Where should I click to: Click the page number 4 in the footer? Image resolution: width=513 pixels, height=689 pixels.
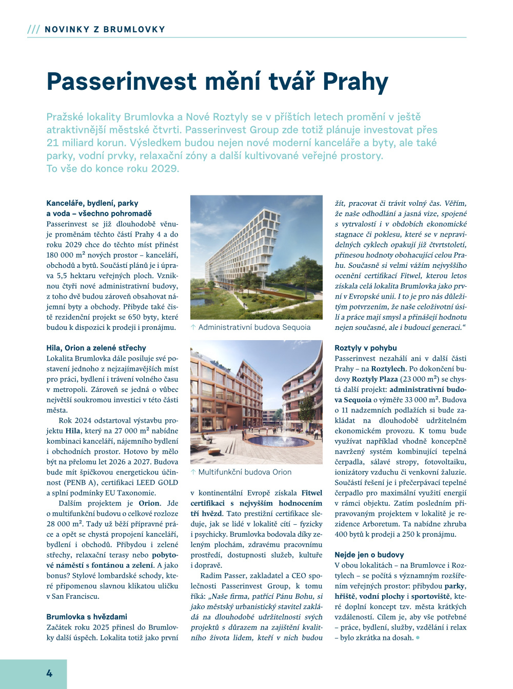tap(49, 674)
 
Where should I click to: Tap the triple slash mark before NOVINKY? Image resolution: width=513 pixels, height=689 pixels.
tap(33, 29)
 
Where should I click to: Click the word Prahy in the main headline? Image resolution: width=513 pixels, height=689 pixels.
tap(356, 82)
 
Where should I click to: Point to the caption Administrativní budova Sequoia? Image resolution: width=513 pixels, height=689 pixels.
tap(254, 327)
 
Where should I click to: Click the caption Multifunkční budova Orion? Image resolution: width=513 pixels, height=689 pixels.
tap(245, 472)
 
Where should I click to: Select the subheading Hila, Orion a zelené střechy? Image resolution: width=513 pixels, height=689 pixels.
tap(96, 348)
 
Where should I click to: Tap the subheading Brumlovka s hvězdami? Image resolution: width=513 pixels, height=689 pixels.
tap(87, 617)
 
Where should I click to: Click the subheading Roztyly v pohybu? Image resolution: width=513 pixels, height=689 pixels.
tap(365, 348)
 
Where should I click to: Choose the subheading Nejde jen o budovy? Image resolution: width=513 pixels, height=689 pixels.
tap(369, 555)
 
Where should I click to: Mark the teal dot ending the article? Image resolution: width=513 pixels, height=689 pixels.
tap(418, 638)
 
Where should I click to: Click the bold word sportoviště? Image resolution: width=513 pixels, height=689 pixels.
tap(431, 596)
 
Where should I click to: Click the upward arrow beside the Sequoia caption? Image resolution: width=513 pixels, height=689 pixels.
tap(193, 327)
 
